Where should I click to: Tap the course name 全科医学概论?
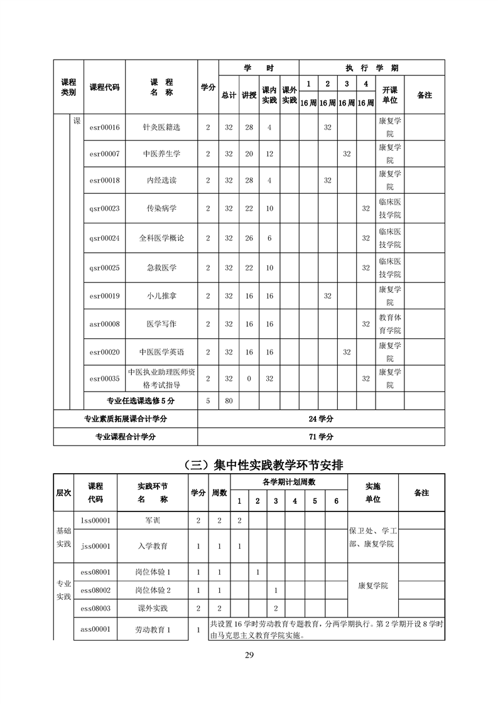161,238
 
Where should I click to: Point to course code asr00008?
104,324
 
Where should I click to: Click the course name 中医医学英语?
161,353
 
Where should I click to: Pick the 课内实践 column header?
269,95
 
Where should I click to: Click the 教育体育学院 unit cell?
389,324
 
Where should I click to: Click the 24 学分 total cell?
321,419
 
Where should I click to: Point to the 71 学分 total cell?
321,437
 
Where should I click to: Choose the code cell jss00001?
95,547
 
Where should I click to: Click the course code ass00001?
95,629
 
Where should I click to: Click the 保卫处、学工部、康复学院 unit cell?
372,538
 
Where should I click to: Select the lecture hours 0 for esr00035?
249,379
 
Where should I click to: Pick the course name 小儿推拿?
161,296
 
